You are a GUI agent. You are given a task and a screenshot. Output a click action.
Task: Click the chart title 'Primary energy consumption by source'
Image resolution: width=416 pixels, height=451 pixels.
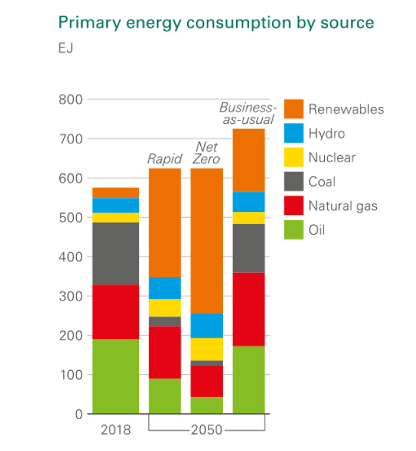click(x=216, y=23)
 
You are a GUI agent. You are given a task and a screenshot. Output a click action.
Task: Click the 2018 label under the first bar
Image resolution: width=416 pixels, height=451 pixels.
click(x=115, y=430)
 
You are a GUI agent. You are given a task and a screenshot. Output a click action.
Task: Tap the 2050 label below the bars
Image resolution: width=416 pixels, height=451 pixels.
click(x=207, y=430)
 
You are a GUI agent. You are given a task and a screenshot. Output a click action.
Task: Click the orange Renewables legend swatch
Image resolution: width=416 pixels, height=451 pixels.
click(x=293, y=109)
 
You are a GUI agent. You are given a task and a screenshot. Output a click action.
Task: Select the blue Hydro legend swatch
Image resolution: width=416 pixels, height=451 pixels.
click(x=293, y=134)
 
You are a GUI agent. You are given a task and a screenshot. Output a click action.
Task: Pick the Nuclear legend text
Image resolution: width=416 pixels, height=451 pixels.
click(x=332, y=158)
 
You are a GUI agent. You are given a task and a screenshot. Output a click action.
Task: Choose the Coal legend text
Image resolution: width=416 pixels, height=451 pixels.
click(x=322, y=182)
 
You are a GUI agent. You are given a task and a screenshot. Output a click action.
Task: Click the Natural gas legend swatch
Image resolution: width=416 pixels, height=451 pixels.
click(x=293, y=207)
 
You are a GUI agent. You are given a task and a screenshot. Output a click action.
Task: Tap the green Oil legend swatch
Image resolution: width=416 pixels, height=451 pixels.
click(x=293, y=230)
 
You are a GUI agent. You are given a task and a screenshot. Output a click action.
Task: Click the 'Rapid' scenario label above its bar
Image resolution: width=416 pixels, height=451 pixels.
click(x=164, y=158)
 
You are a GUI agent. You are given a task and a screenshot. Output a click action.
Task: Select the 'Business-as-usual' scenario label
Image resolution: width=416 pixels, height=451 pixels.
click(x=248, y=113)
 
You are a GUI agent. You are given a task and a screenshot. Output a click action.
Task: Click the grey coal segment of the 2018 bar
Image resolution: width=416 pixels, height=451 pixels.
click(x=115, y=254)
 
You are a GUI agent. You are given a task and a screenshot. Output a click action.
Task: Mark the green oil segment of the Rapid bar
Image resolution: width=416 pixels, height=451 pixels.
click(x=165, y=396)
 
